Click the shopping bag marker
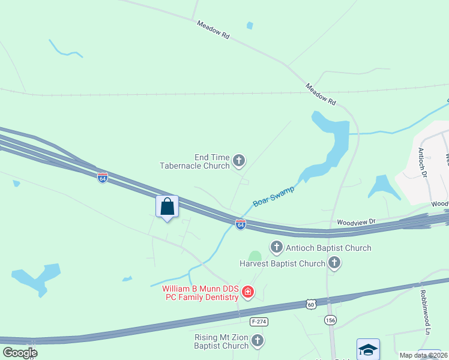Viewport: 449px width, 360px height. pos(167,207)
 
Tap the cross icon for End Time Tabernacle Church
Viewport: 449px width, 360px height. pos(239,160)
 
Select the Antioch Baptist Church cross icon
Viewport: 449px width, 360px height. pos(276,247)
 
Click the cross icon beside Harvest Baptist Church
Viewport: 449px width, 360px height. pos(334,263)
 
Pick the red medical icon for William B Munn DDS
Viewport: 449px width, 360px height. pos(247,292)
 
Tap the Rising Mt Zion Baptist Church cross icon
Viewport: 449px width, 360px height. pos(258,341)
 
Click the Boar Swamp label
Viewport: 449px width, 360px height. pos(274,196)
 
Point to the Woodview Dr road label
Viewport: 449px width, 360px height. pos(356,222)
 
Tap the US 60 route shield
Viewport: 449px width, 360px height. pos(310,305)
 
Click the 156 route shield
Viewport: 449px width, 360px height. pos(330,321)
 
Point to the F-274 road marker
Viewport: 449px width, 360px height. pos(259,322)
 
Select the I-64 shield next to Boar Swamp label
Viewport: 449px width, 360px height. pos(240,224)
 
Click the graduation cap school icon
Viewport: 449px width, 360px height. pos(367,349)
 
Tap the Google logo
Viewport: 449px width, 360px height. pos(20,352)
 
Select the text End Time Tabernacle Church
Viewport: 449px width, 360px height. pos(194,160)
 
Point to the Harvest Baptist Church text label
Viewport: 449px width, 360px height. pos(282,263)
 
